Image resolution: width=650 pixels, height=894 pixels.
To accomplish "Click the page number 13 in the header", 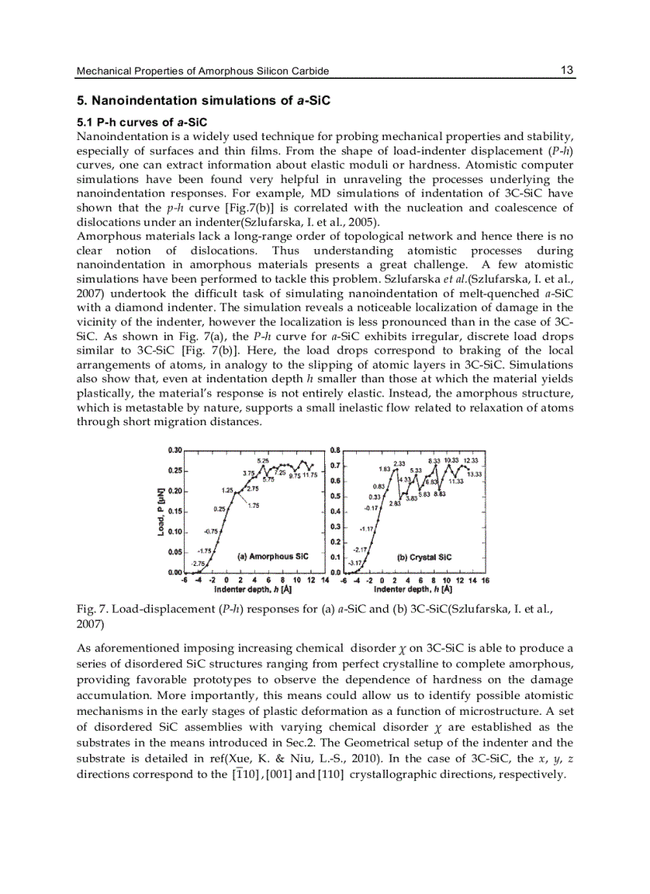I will (x=566, y=70).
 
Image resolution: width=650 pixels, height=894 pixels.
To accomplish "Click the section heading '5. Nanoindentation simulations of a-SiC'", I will (x=202, y=102).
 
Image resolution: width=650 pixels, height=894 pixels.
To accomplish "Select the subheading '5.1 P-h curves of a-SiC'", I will (x=131, y=122).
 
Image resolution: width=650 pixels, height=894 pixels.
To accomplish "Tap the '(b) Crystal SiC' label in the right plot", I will (x=424, y=557).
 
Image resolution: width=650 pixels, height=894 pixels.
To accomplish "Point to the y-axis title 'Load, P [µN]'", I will (x=161, y=511).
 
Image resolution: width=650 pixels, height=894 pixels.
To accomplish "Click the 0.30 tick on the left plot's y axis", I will (x=174, y=450).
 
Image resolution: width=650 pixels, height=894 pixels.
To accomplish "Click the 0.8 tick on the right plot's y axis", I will (x=335, y=450).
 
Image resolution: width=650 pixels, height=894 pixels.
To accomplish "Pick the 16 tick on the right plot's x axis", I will (x=485, y=580).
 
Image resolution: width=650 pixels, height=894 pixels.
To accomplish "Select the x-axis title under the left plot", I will (x=252, y=590).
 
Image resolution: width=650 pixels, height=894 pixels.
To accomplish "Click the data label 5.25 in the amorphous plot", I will (x=262, y=461).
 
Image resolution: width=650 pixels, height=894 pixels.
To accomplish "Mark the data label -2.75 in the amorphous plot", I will (x=198, y=564).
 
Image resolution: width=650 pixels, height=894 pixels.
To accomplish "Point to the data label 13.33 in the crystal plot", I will (x=476, y=474).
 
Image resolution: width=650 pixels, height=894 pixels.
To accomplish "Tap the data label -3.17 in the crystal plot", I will (x=355, y=564).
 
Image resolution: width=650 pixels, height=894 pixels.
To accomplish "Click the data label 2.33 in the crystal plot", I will (x=400, y=463).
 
